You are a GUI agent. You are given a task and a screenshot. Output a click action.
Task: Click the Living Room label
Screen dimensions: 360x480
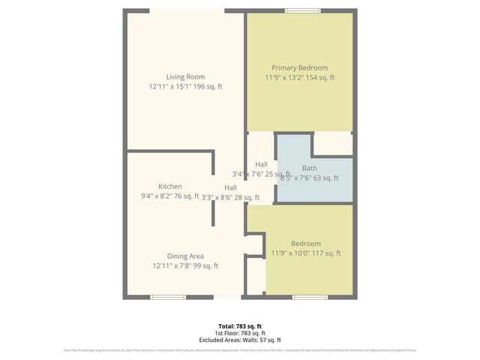(x=185, y=76)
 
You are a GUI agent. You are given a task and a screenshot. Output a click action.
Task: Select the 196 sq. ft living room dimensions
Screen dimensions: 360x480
(x=185, y=87)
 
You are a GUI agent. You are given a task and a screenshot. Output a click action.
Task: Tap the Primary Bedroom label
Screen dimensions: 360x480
(x=299, y=67)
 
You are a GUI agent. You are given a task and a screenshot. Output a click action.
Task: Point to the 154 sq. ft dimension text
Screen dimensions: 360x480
(x=299, y=78)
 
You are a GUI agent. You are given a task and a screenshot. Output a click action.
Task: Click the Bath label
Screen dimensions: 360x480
(x=309, y=168)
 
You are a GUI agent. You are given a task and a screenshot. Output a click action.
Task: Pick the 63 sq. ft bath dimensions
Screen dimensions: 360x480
(x=309, y=178)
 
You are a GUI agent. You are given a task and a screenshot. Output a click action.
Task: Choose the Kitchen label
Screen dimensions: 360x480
(x=169, y=186)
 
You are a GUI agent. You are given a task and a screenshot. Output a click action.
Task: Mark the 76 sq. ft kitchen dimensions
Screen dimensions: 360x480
(x=169, y=196)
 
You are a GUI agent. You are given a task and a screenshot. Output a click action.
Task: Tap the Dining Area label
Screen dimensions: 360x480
(x=185, y=256)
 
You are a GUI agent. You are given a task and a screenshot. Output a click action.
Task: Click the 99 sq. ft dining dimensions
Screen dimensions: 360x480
(x=185, y=266)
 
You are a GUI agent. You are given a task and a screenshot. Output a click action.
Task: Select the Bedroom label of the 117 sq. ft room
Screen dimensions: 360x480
(x=306, y=243)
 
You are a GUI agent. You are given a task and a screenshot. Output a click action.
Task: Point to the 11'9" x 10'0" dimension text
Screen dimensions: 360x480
(x=306, y=253)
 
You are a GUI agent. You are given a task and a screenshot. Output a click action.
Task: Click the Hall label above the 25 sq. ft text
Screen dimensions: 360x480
(x=261, y=164)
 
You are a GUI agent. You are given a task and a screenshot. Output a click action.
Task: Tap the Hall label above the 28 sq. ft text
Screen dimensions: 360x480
(x=230, y=187)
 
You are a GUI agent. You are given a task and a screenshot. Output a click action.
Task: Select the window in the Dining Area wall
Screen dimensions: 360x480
(x=169, y=298)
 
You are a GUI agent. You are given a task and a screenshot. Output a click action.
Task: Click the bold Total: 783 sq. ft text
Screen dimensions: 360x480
(x=239, y=326)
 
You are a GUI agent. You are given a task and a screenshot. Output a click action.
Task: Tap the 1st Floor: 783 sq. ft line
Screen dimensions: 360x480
(x=239, y=333)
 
